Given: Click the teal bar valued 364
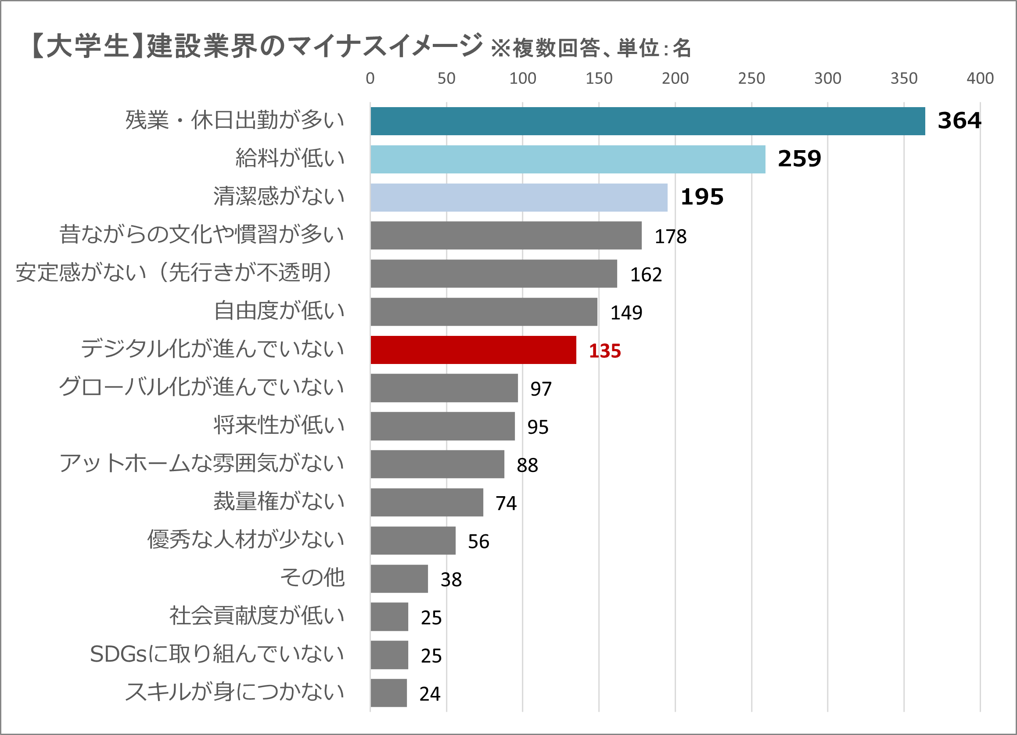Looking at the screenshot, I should pyautogui.click(x=647, y=121).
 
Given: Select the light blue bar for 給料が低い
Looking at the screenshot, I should pyautogui.click(x=568, y=159).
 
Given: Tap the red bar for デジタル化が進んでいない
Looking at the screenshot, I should pyautogui.click(x=473, y=350).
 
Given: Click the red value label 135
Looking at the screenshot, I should pyautogui.click(x=604, y=351).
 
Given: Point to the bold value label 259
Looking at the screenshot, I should pyautogui.click(x=799, y=159).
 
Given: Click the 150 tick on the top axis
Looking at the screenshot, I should pyautogui.click(x=599, y=79).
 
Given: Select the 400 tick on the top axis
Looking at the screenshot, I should pyautogui.click(x=980, y=79).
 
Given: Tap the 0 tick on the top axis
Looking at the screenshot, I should pyautogui.click(x=370, y=79).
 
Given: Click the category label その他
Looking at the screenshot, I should pyautogui.click(x=312, y=578).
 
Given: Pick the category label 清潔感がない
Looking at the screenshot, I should pyautogui.click(x=278, y=196).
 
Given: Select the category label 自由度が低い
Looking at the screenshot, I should pyautogui.click(x=279, y=311).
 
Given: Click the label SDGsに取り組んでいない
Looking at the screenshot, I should pyautogui.click(x=217, y=654).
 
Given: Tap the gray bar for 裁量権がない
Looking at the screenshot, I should pyautogui.click(x=427, y=502).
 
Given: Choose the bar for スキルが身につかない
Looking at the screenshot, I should pyautogui.click(x=389, y=693).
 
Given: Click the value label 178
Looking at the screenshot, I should pyautogui.click(x=670, y=237).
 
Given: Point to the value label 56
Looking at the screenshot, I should pyautogui.click(x=478, y=542).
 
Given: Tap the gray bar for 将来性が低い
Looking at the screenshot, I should pyautogui.click(x=442, y=426).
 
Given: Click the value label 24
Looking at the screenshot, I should pyautogui.click(x=430, y=694).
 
